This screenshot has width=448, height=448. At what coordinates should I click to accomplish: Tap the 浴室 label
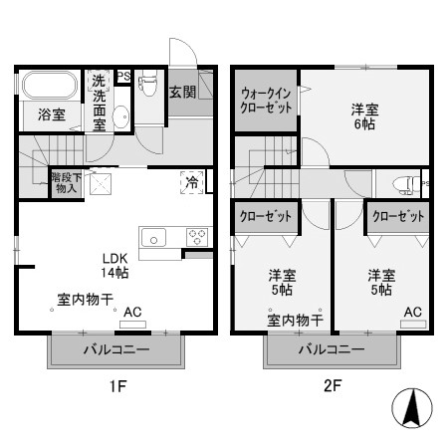pos(52,114)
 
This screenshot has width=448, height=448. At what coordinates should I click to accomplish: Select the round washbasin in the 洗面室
pos(121,116)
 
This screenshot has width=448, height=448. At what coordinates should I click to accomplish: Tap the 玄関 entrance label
pos(181,93)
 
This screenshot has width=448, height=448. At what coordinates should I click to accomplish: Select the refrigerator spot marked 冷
pos(190,181)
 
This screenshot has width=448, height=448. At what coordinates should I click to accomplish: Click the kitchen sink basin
pos(155,237)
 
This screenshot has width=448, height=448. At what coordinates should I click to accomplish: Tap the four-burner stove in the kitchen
pos(196,237)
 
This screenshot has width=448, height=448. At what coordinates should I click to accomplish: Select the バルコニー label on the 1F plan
pos(115,350)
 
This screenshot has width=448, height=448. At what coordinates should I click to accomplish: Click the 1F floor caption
pos(117,386)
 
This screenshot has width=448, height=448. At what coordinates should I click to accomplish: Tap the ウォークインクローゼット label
pos(267,101)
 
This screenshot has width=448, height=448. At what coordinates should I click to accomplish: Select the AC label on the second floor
pos(412,312)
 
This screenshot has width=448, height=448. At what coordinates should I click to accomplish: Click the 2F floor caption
pos(333,386)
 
